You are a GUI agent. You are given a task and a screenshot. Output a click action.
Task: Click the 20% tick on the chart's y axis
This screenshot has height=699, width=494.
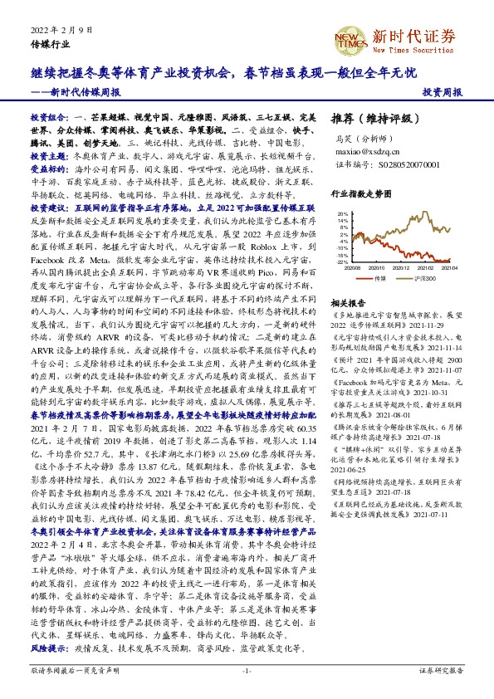pyautogui.click(x=341, y=213)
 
